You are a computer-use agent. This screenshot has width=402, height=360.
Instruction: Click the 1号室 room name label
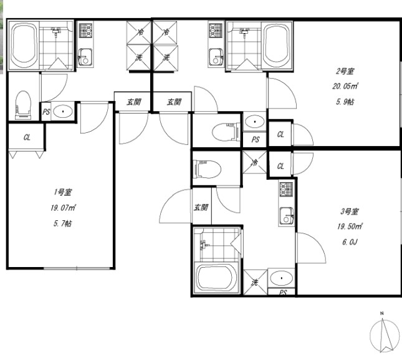63,192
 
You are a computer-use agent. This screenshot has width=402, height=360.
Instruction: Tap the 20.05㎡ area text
345,86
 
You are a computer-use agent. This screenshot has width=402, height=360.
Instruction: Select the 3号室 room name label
350,212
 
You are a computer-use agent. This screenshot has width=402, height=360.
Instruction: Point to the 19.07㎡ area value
63,208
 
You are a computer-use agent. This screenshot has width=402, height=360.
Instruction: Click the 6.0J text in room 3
350,242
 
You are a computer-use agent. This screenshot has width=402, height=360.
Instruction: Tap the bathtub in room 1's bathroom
24,44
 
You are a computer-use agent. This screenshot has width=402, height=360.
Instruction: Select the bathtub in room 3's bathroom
216,278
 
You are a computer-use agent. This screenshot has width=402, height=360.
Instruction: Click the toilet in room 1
23,105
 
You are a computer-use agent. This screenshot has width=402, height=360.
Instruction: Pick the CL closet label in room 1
27,137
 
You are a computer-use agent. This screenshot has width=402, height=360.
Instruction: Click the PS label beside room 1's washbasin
46,112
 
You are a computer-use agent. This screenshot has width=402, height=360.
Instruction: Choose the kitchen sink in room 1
85,56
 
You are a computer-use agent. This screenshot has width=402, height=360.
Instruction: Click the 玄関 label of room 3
201,207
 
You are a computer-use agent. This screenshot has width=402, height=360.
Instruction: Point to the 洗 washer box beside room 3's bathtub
255,282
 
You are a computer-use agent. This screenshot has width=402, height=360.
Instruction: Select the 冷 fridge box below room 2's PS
255,162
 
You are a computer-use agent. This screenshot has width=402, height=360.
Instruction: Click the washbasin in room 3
282,278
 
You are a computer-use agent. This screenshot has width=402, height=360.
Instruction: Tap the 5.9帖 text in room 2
345,102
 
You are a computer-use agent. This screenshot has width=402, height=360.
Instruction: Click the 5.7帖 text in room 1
63,223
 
